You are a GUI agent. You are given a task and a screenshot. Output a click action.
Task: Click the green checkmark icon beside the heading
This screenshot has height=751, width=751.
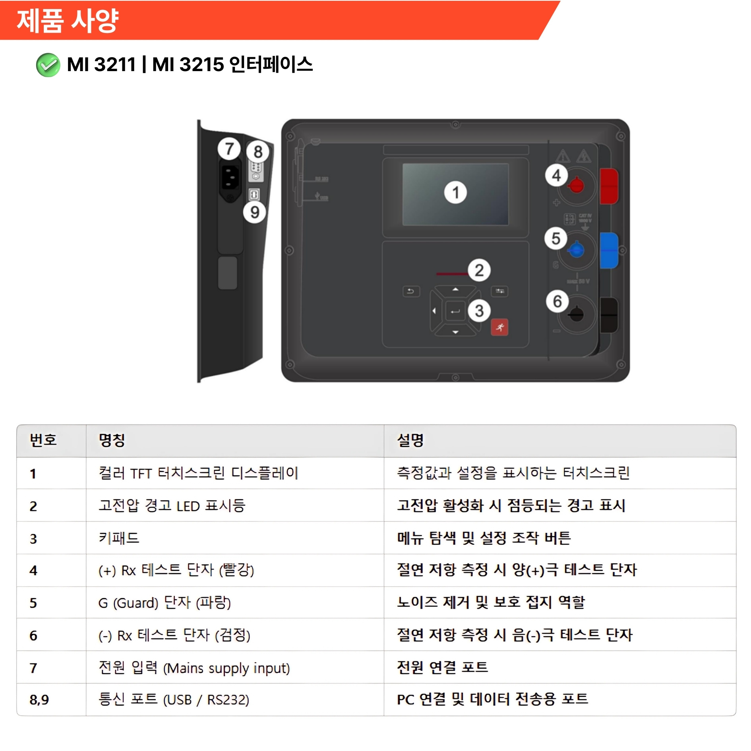pos(48,65)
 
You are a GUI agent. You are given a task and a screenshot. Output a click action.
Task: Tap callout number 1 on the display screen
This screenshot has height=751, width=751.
pos(455,192)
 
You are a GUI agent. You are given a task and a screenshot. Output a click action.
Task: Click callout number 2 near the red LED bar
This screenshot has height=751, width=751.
pos(479,271)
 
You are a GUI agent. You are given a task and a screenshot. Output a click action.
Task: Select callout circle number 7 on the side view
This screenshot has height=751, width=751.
pos(229,149)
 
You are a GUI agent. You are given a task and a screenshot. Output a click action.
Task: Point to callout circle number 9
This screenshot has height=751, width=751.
pos(255,212)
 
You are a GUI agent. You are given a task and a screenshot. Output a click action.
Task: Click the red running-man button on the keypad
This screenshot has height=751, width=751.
pos(499,327)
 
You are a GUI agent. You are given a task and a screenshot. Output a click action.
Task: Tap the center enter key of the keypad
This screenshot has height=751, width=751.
pos(455,311)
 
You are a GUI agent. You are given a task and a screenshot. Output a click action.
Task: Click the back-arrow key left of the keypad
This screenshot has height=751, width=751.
pos(411,291)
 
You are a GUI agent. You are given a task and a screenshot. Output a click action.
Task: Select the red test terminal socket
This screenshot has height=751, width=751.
pos(576,185)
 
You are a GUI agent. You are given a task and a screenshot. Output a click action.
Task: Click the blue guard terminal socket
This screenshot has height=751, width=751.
pos(577,250)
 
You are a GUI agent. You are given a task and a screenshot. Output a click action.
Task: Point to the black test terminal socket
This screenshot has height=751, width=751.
pos(576,315)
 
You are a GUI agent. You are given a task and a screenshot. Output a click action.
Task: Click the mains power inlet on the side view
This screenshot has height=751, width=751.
pos(230,177)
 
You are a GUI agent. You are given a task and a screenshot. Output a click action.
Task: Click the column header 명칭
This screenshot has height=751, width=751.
pos(112,440)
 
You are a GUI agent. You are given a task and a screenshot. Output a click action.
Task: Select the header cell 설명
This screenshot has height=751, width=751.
pos(410,440)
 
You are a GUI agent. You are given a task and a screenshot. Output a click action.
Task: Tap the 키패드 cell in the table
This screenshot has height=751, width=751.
pos(119,538)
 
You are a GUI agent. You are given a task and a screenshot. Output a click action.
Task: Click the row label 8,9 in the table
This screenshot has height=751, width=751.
pos(39,700)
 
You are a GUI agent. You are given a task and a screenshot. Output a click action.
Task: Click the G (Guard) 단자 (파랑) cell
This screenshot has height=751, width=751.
pos(165,603)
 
